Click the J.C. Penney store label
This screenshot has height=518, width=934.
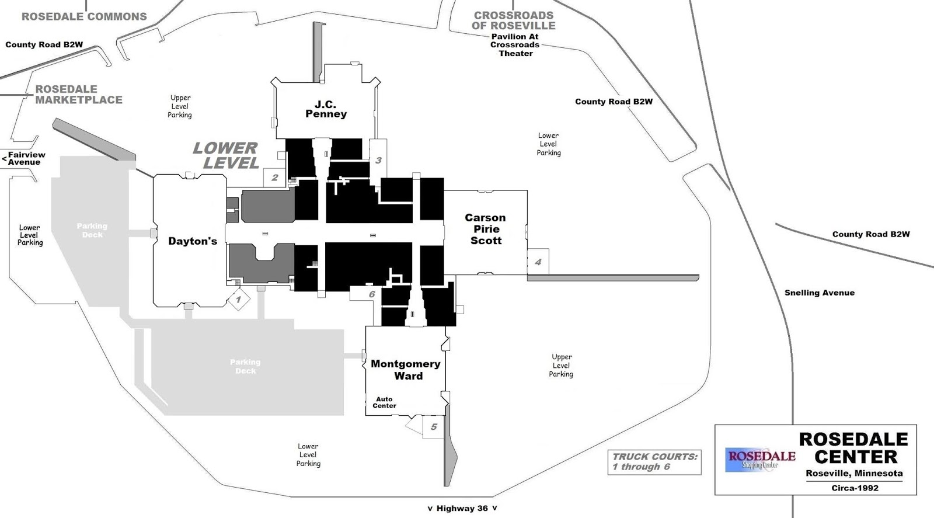pos(326,109)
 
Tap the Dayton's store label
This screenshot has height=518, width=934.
pos(193,241)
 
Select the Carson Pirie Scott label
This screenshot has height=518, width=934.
pos(485,229)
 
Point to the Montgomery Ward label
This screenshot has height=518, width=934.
pos(406,370)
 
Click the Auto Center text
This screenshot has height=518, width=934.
pos(384,402)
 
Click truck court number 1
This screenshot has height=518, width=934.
pos(238,300)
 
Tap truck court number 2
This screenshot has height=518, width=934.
pos(275,178)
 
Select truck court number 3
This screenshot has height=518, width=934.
pos(378,160)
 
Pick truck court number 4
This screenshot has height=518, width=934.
pos(538,262)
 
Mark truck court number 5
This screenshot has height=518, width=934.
pos(433,427)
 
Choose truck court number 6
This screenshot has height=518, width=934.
pos(371,294)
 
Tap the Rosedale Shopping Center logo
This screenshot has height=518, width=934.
pos(760,459)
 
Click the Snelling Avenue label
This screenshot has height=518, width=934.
pos(819,293)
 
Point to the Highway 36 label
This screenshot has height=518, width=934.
pos(462,509)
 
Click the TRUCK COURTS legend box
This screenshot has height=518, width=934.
pos(654,461)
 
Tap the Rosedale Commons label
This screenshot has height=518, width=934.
pos(84,17)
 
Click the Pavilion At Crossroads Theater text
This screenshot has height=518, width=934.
pos(515,45)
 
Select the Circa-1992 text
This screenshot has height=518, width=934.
pos(855,488)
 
